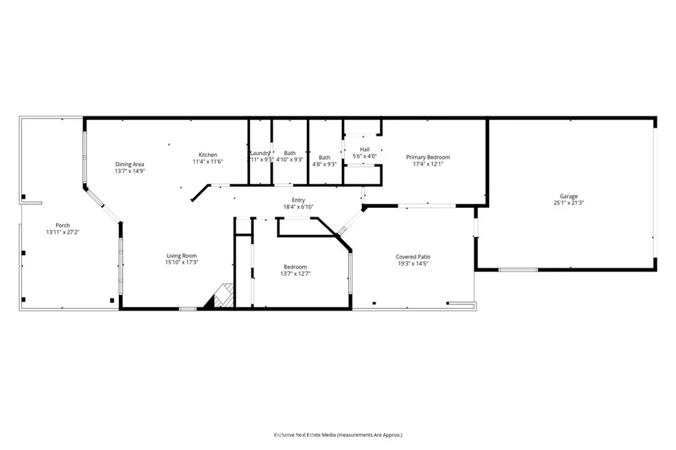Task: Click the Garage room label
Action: coord(568,196)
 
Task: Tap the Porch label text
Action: coord(63,225)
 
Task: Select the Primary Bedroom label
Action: coord(428,157)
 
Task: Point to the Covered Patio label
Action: coord(413,257)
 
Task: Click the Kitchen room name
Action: coord(208,155)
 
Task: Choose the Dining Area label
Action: coord(129,164)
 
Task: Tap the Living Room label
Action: coord(181,256)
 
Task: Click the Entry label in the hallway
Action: coord(298,200)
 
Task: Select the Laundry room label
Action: coord(260,153)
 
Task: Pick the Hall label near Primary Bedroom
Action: coord(365,149)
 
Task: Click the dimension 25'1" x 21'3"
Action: coord(568,203)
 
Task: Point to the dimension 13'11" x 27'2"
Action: coord(63,232)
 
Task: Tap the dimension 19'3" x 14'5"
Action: coord(413,263)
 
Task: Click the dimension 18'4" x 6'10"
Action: coord(298,207)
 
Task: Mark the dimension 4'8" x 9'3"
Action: coord(324,164)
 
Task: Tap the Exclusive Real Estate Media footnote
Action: coord(338,435)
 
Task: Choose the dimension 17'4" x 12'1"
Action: coord(428,164)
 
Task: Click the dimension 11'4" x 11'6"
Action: coord(208,162)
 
